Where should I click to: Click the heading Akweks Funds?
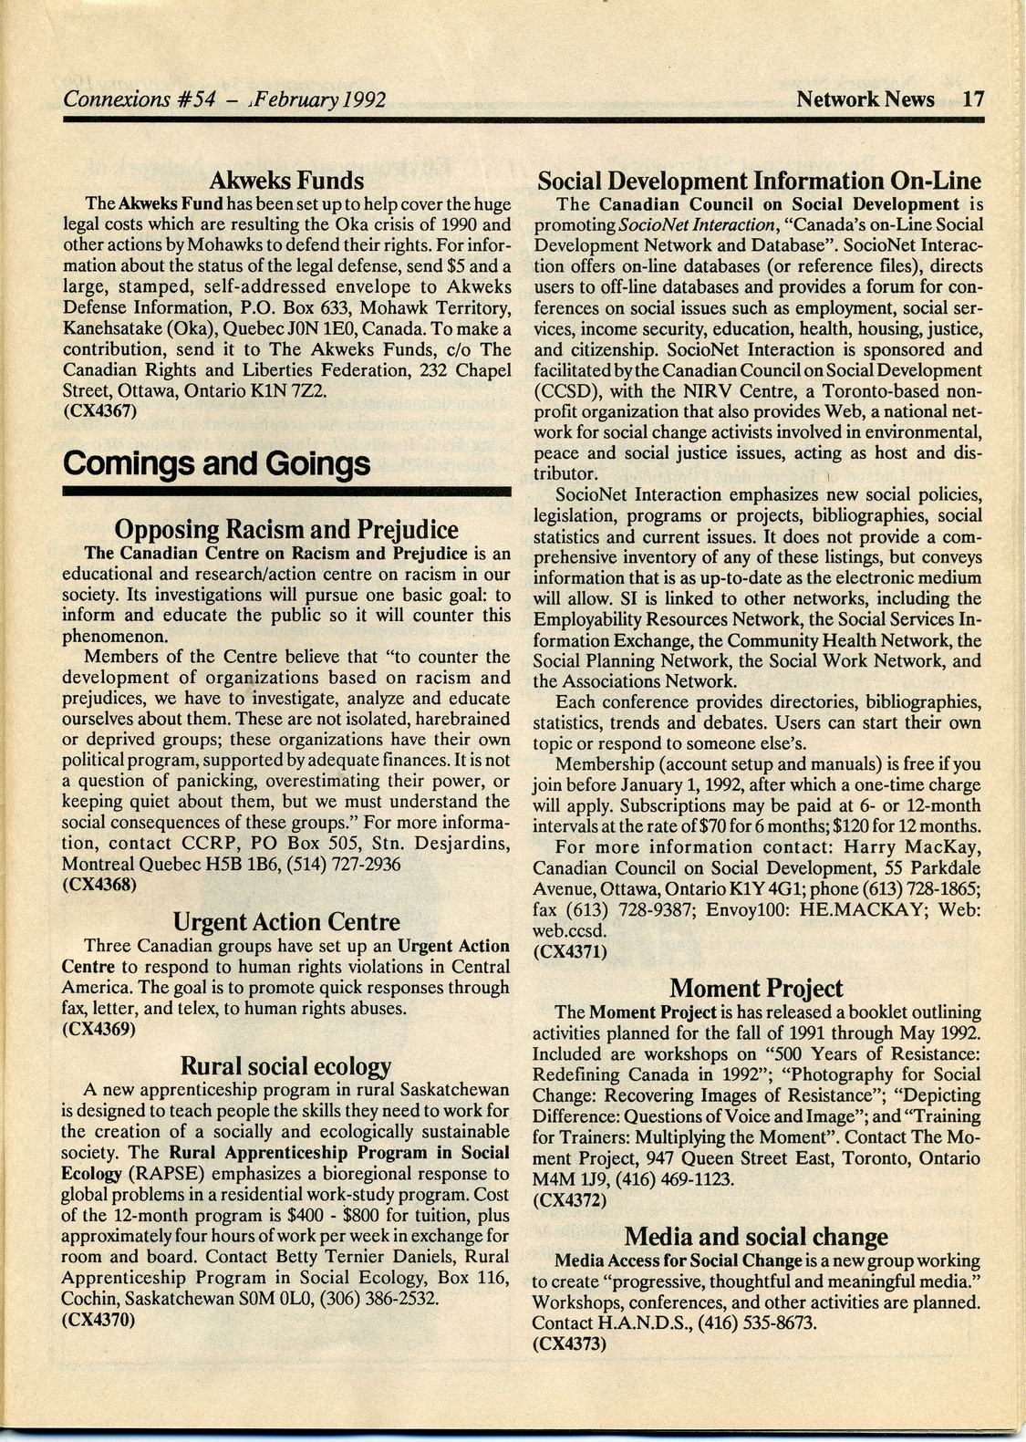pos(286,181)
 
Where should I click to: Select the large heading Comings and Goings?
pos(217,464)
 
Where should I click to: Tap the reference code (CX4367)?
pos(100,411)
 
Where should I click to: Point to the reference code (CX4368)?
pos(99,884)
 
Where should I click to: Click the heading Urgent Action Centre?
pos(286,922)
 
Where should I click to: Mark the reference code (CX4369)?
pos(99,1030)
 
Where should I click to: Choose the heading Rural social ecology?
pos(286,1065)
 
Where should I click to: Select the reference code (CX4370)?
pos(99,1319)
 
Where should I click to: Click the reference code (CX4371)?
pos(570,951)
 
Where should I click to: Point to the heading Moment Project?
pos(756,988)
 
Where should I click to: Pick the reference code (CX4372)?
pos(570,1200)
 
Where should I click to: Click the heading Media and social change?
pos(756,1237)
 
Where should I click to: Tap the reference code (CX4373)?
pos(570,1343)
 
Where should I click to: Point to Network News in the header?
pos(865,99)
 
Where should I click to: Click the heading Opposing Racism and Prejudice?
pos(286,529)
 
